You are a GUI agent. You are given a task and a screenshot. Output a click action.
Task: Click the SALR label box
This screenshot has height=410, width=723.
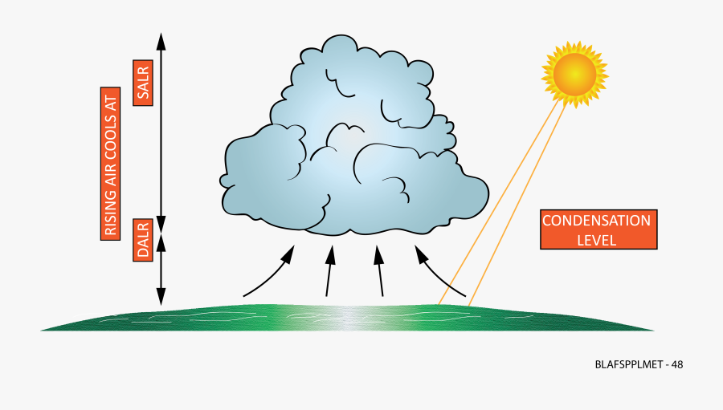pyautogui.click(x=144, y=83)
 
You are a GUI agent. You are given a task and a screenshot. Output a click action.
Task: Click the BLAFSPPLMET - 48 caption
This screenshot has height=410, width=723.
pyautogui.click(x=639, y=364)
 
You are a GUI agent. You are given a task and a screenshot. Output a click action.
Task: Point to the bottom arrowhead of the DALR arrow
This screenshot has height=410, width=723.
pyautogui.click(x=161, y=299)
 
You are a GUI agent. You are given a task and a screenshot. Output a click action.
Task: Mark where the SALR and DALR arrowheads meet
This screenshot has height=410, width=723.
pyautogui.click(x=161, y=231)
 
